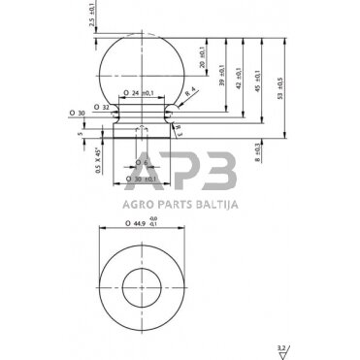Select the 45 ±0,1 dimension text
point(256,80)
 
